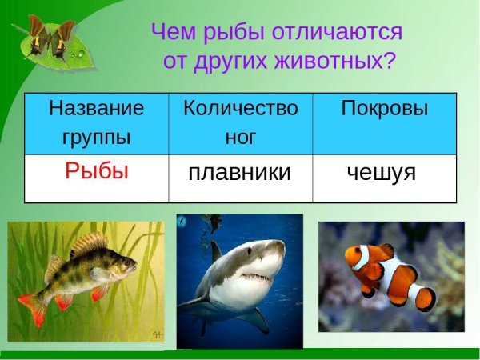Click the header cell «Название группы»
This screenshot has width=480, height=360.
click(x=96, y=122)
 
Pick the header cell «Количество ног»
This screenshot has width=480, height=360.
click(x=240, y=122)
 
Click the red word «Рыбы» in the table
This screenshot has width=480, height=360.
click(x=97, y=170)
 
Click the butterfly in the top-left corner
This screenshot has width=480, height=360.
click(x=48, y=37)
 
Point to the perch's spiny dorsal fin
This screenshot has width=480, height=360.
click(x=88, y=245)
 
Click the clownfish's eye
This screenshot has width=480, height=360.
click(x=358, y=254)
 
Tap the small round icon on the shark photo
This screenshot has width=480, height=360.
click(x=182, y=220)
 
